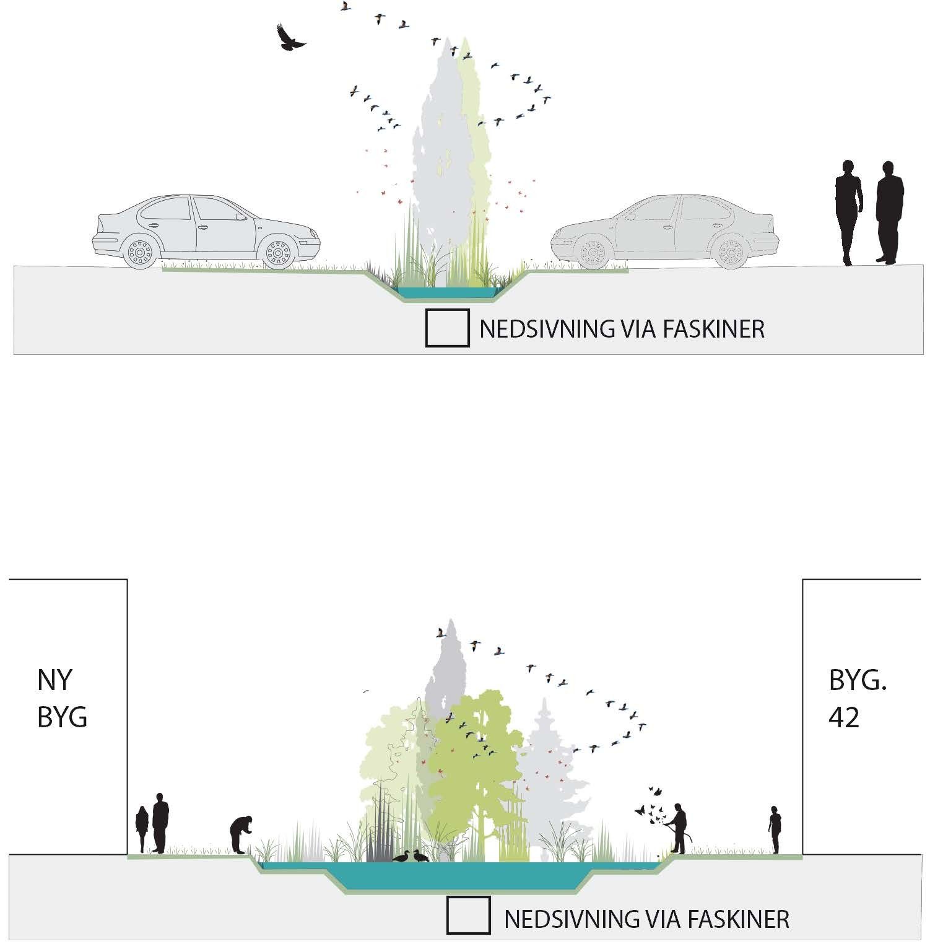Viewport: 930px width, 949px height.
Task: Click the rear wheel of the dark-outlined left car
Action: (x=141, y=253)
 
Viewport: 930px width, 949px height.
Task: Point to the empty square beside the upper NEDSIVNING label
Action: (x=446, y=328)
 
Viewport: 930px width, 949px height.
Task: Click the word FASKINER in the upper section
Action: (x=714, y=329)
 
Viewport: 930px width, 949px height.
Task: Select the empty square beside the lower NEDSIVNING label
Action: (x=468, y=915)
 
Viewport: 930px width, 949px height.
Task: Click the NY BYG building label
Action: (x=62, y=698)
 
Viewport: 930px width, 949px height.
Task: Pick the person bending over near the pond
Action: (x=241, y=834)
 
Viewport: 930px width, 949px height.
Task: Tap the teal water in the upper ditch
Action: (x=446, y=291)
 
